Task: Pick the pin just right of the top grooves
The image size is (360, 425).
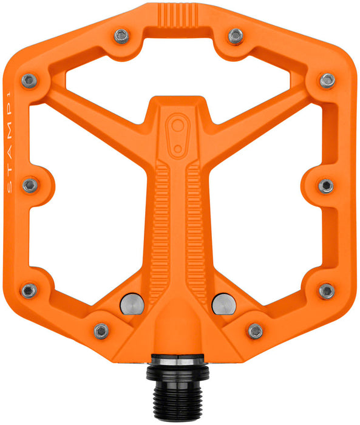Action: point(236,37)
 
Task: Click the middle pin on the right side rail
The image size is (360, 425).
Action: point(326,185)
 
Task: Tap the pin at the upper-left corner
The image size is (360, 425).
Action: point(29,80)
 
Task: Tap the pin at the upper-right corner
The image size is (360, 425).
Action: point(328,80)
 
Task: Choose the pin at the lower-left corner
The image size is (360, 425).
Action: point(29,290)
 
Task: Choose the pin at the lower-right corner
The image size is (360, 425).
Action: point(327,290)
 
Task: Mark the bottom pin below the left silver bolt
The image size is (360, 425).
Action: point(101,331)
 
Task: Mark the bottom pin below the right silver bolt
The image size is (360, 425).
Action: point(256,331)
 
